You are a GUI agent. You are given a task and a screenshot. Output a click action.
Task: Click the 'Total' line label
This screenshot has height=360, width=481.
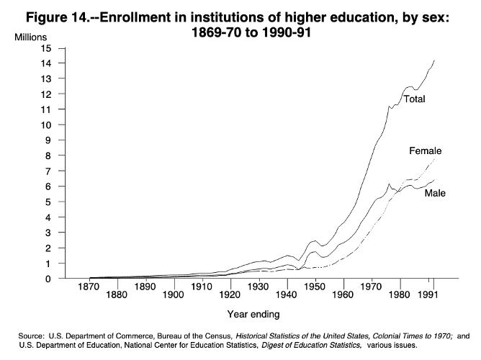click(413, 99)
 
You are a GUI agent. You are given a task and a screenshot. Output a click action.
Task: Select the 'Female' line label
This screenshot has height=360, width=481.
click(425, 151)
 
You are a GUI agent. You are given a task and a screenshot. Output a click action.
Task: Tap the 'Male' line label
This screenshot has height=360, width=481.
click(434, 194)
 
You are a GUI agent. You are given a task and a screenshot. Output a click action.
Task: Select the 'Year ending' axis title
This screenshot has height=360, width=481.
click(253, 314)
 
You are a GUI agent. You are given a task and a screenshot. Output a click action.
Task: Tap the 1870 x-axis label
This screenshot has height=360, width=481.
click(89, 287)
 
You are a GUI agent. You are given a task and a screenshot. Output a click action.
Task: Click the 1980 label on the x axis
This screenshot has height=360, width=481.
click(400, 295)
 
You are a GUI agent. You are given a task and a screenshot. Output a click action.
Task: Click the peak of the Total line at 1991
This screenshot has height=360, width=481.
click(434, 60)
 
